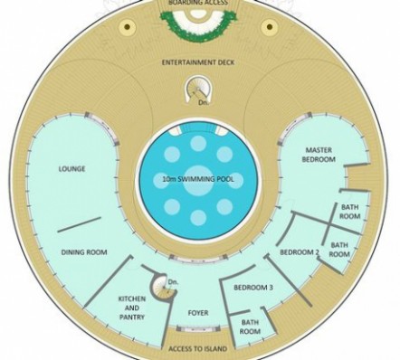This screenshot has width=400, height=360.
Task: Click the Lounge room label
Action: [x=71, y=168]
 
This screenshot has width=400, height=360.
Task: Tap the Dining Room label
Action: [x=84, y=252]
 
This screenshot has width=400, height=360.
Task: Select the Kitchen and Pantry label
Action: [x=132, y=308]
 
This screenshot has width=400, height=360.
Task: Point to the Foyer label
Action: [x=198, y=313]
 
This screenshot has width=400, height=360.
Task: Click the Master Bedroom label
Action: [x=319, y=155]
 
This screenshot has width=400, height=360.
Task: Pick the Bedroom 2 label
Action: [x=300, y=252]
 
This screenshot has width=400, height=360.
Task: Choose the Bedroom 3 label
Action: [x=253, y=288]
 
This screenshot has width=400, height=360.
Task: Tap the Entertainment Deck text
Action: [x=198, y=62]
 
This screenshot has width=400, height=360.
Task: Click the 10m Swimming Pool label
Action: [x=198, y=179]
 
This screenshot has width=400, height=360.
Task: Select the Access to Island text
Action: [x=197, y=349]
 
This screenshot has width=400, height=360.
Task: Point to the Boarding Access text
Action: [x=198, y=3]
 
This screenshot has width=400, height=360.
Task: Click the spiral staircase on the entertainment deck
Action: [x=197, y=88]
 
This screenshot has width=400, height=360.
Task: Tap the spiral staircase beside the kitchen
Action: [x=163, y=287]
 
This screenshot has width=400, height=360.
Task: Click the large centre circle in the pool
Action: [x=198, y=180]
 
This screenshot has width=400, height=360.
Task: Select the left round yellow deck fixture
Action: [x=128, y=27]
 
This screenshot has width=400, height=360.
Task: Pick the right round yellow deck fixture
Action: [x=270, y=27]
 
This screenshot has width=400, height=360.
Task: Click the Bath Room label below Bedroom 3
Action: [x=250, y=327]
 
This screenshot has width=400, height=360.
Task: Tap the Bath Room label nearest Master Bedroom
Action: [x=350, y=212]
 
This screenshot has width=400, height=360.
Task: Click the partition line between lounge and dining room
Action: [x=79, y=224]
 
